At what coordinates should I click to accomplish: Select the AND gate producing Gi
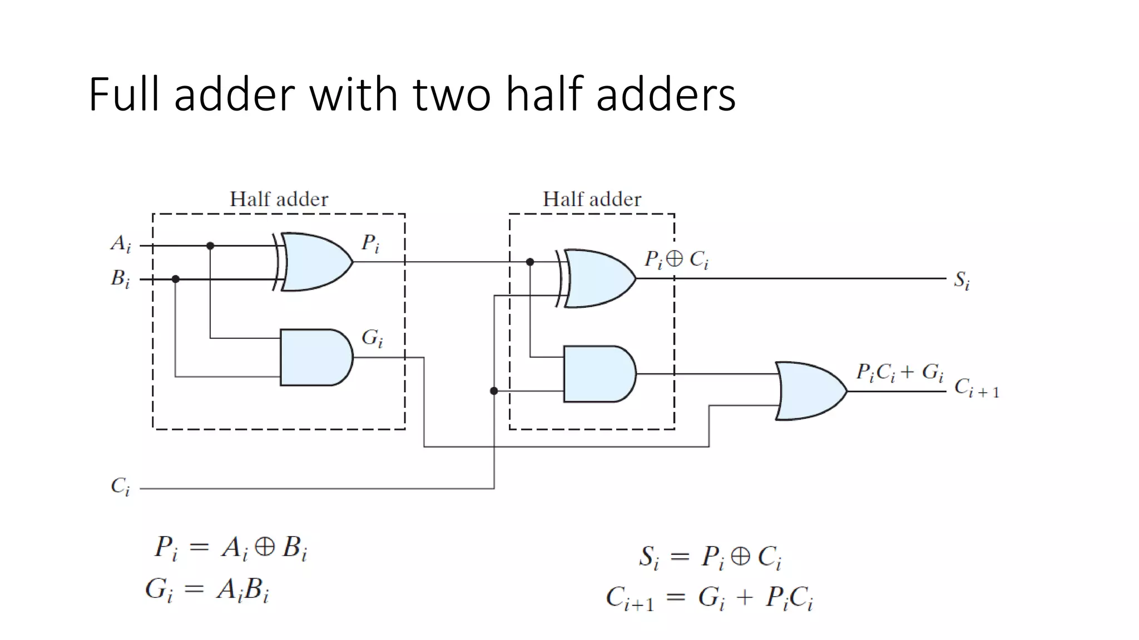pos(315,357)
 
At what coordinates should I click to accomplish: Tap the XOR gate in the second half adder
pos(598,278)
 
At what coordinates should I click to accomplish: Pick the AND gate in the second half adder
pos(598,374)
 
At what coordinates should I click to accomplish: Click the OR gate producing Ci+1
pos(810,391)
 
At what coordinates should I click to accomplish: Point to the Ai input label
pos(121,244)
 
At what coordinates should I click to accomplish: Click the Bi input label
pos(120,278)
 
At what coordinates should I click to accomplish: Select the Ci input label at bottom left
pos(120,487)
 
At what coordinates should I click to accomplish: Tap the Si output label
pos(962,280)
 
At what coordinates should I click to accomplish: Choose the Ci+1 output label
pos(976,388)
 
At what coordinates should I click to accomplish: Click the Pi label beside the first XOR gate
pos(370,243)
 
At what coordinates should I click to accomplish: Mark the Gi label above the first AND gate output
pos(372,338)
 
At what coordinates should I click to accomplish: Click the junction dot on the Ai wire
pos(210,246)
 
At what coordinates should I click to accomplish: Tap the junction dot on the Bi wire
pos(176,279)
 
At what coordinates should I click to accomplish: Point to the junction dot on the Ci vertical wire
pos(494,391)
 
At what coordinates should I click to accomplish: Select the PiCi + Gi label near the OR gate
pos(899,372)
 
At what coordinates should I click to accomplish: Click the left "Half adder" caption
pos(279,199)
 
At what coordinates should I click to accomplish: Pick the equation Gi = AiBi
pos(207,589)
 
